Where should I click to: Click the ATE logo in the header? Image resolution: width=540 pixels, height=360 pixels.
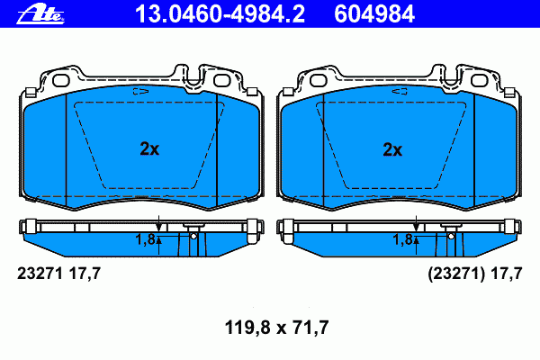tap(40, 14)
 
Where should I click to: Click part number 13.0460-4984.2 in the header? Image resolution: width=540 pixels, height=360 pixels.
tap(220, 14)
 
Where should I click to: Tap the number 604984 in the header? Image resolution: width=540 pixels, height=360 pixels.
tap(374, 14)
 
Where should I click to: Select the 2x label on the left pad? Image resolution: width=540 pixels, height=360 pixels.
tap(149, 148)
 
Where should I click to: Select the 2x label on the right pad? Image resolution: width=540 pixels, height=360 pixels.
tap(392, 149)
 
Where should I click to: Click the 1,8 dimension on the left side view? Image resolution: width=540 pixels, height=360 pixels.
tap(146, 239)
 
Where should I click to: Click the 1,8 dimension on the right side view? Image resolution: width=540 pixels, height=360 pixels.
tap(403, 239)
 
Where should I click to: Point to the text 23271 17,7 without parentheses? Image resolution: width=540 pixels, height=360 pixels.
tap(58, 274)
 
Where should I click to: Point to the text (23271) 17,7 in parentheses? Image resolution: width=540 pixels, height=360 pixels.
tap(475, 274)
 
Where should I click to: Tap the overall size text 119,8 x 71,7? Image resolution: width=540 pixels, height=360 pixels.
tap(276, 328)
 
